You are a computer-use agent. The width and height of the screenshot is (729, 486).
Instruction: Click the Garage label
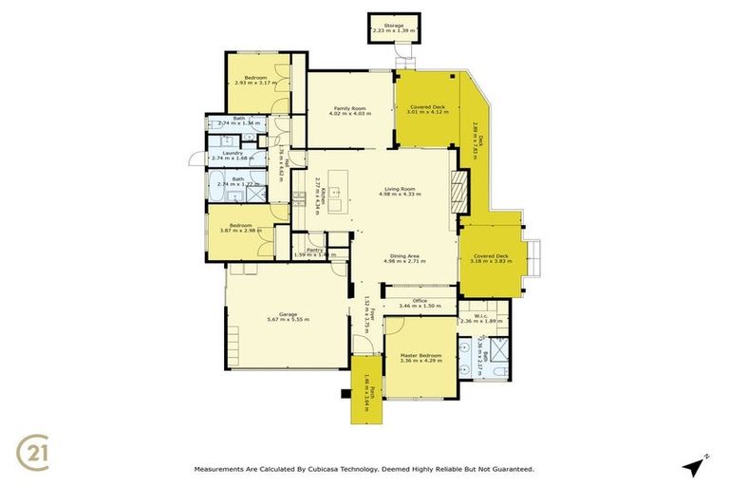point(285,317)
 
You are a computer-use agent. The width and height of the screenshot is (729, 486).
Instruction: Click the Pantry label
point(314,251)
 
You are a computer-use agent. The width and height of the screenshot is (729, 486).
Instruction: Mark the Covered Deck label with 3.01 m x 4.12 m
point(426,109)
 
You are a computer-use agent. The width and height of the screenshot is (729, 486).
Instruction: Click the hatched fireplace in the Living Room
point(459,195)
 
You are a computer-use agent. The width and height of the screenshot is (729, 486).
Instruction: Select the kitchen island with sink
point(336,195)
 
